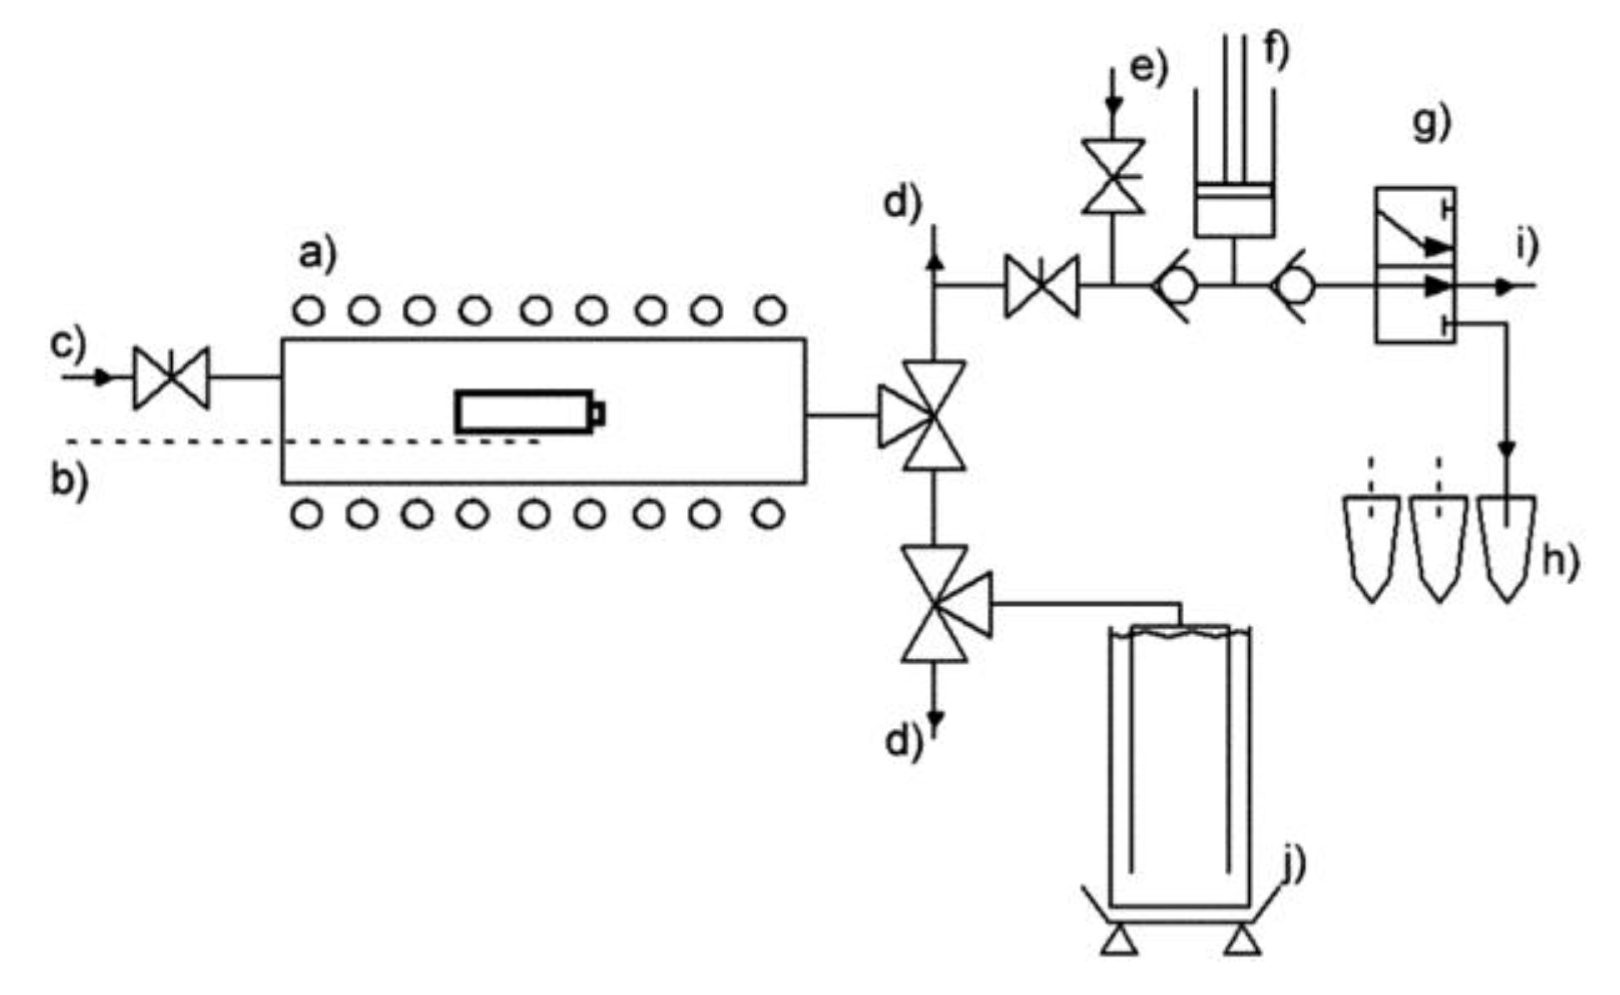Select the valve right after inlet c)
171,377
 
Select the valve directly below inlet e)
1113,176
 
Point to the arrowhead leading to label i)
1504,286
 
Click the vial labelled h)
1508,545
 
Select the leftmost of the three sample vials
1372,545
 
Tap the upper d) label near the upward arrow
903,204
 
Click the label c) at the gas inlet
68,344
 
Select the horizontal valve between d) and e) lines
1042,286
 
